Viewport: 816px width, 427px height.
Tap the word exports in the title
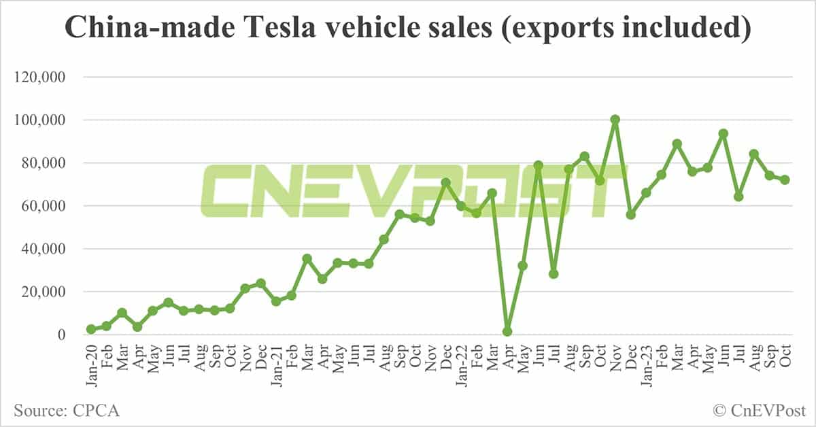[593, 29]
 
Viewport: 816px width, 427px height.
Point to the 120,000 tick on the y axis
[39, 78]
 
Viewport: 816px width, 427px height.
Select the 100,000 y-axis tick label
[39, 120]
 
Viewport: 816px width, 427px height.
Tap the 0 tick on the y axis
[61, 335]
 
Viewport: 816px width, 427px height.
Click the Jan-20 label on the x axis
[91, 361]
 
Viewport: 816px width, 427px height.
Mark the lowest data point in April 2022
[507, 332]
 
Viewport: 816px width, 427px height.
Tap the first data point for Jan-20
[91, 329]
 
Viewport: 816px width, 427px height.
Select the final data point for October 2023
[785, 180]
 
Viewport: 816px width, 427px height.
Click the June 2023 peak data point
[723, 134]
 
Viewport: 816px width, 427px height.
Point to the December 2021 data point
[445, 183]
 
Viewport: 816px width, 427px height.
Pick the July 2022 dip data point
[554, 274]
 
